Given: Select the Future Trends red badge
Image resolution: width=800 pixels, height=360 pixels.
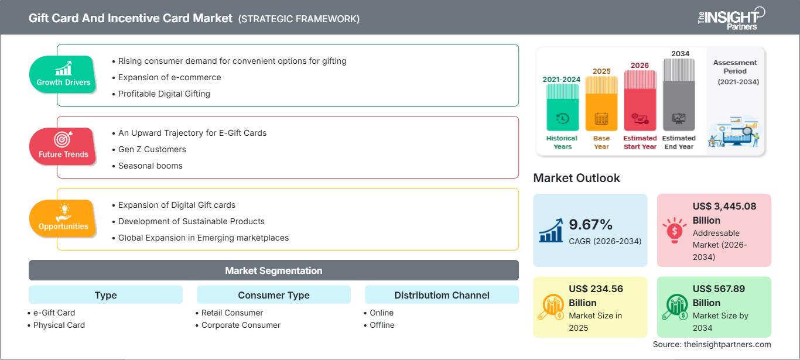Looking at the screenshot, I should click(x=63, y=146).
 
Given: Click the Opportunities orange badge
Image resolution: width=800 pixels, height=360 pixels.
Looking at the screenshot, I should click(x=63, y=218).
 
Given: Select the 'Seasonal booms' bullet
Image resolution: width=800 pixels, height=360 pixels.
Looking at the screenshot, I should click(x=150, y=166).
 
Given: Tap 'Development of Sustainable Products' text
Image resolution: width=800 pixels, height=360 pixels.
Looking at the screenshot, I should click(x=191, y=221).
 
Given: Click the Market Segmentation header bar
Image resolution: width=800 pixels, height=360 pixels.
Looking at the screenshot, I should click(x=273, y=270).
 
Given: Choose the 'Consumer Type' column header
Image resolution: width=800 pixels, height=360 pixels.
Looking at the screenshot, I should click(x=273, y=295).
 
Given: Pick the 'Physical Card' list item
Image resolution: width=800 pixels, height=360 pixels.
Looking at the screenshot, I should click(x=59, y=325).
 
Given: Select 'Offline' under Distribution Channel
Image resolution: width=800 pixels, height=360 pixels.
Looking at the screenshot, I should click(x=382, y=325).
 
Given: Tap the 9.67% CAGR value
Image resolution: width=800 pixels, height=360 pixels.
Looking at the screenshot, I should click(x=590, y=225).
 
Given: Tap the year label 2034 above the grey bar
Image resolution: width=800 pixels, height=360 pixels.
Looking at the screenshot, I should click(x=680, y=54).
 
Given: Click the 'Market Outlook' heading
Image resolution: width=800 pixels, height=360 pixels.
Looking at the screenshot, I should click(x=576, y=178).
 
